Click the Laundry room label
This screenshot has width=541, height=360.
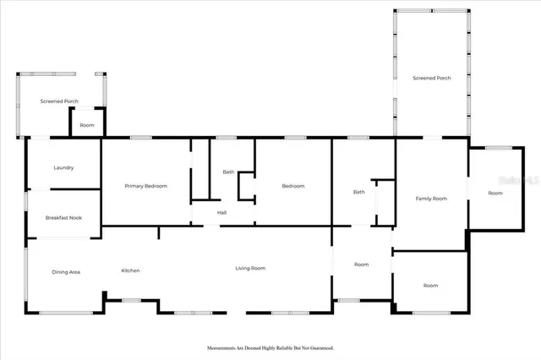coord(64,167)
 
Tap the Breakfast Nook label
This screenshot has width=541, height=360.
coord(63,218)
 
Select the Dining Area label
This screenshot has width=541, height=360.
coord(66,271)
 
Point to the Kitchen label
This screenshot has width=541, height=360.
coord(130,270)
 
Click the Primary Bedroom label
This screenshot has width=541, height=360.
coord(145,186)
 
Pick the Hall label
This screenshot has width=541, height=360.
coord(221,212)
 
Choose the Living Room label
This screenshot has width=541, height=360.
coord(250,268)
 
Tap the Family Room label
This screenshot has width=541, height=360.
coord(431,198)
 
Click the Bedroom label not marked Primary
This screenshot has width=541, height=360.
coord(293,186)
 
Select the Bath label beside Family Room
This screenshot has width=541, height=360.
coord(359,192)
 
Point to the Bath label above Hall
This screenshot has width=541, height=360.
coord(228,172)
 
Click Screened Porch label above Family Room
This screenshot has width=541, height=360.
coord(431,78)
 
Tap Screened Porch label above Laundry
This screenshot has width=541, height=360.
coord(59,101)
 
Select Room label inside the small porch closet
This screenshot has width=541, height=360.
coord(87,125)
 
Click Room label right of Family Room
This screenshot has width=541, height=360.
coord(495,193)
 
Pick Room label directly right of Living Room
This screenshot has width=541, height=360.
coord(362,265)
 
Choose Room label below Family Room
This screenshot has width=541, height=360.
coord(431,286)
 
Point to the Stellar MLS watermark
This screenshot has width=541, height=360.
coord(521,180)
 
